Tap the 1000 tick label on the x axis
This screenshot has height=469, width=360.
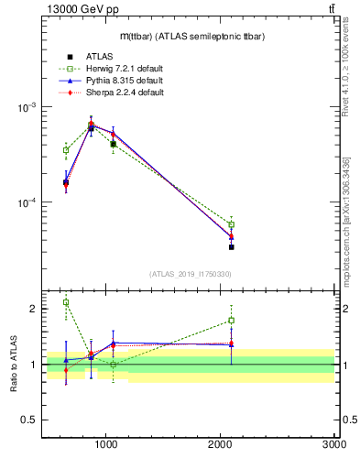coord(107,443)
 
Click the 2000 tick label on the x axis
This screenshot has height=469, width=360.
coord(221,443)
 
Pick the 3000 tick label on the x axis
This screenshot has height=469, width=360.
coord(333,443)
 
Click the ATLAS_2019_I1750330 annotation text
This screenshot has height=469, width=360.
coord(190,274)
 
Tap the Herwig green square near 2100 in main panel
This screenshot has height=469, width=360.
coord(231,224)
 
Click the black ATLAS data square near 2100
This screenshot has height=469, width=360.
coord(231,247)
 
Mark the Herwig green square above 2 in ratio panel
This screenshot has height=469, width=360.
coord(66,302)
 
